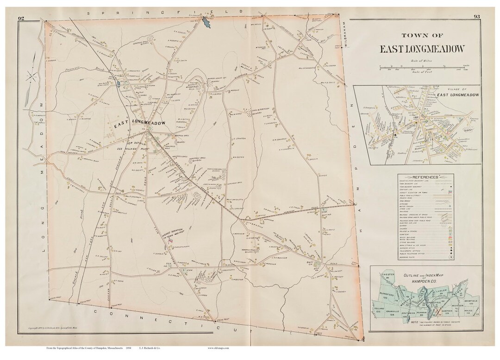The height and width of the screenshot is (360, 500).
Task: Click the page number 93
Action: [x=478, y=18]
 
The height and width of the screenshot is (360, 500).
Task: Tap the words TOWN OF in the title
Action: [x=421, y=36]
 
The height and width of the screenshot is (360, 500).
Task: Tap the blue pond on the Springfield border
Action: [x=205, y=22]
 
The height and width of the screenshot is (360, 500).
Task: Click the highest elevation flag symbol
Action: [x=171, y=241]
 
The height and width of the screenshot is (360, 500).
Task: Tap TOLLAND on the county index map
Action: [x=381, y=307]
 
